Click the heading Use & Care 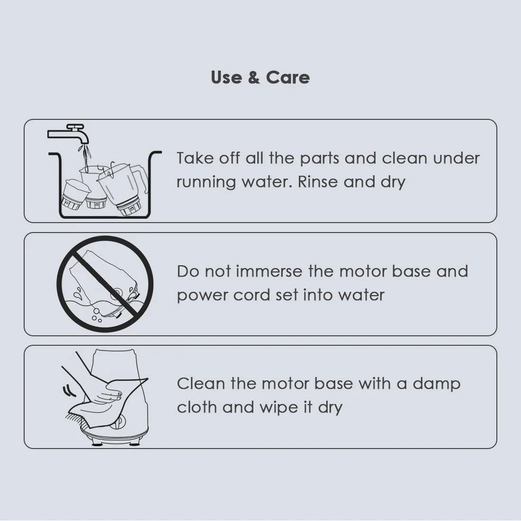(260, 77)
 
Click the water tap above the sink (71, 135)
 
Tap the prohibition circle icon (105, 284)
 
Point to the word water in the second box (361, 295)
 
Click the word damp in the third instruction (436, 384)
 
